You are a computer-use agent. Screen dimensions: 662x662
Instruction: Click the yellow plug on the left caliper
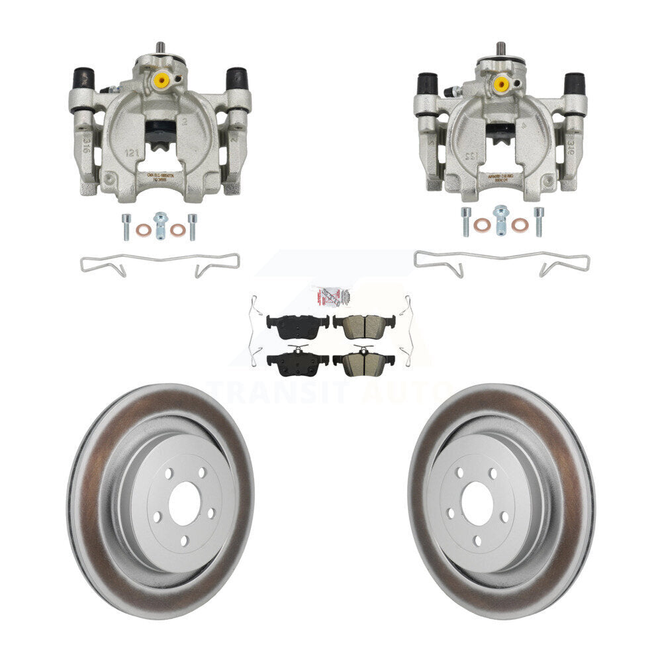click(161, 81)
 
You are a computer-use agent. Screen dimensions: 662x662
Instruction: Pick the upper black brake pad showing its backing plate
click(297, 324)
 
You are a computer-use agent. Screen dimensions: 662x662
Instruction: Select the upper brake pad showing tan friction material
click(363, 325)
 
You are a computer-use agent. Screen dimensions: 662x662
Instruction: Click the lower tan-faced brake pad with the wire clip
click(363, 361)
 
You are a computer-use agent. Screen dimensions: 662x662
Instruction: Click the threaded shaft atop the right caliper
click(500, 49)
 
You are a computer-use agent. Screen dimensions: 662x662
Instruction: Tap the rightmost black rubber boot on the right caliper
click(574, 84)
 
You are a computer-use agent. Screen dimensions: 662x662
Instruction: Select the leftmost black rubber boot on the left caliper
click(83, 79)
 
